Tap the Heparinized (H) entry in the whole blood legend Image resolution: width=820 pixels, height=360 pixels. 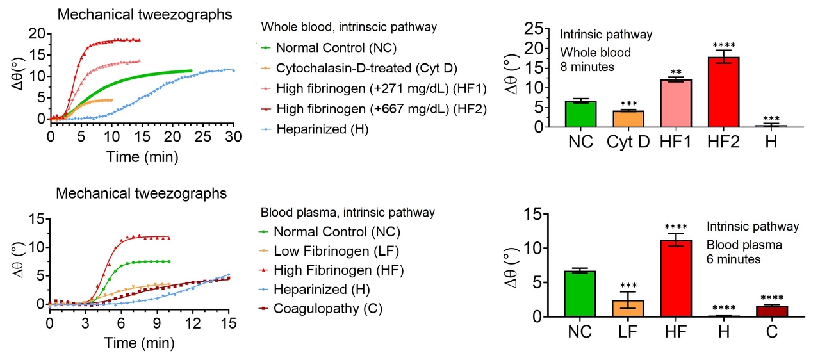coord(322,129)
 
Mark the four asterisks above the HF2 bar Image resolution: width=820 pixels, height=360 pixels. coord(723,45)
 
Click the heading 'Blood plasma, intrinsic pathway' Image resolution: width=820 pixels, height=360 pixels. coord(348,212)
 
